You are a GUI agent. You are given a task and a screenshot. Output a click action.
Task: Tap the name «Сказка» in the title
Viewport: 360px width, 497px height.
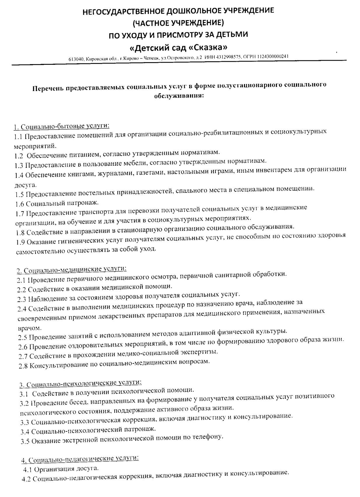[206, 47]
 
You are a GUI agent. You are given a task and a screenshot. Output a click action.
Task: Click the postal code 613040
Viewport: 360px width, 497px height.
[76, 59]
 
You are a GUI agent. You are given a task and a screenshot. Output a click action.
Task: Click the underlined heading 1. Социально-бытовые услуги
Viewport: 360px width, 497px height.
[62, 126]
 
